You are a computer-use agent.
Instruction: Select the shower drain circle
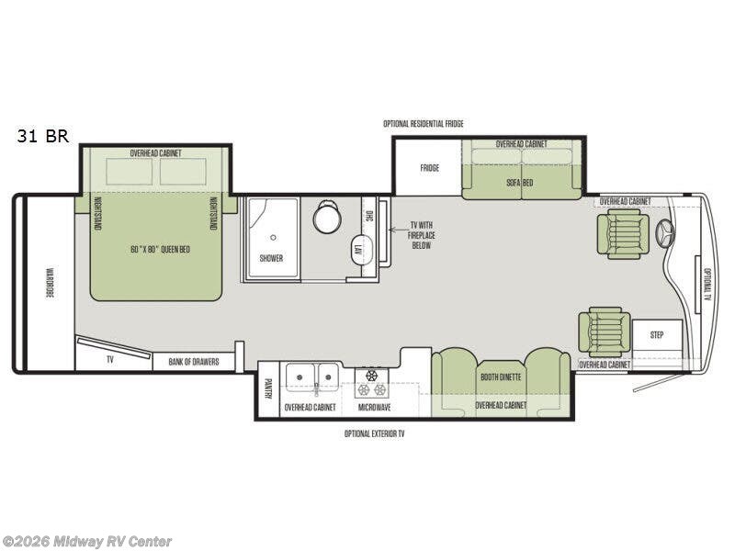point(273,238)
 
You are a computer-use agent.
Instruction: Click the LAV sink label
point(359,248)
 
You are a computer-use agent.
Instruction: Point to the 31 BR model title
point(43,136)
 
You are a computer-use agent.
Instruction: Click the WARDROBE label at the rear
point(49,283)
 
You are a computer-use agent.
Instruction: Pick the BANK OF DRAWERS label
point(194,362)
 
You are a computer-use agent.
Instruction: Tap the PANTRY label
point(268,388)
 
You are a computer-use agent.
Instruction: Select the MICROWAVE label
point(374,408)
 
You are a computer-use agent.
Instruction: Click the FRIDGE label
point(429,168)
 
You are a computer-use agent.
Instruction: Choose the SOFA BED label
point(519,183)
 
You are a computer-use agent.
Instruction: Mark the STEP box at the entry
point(657,335)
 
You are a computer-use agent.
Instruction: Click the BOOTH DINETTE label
point(501,377)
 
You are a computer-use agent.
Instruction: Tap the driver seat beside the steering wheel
point(623,234)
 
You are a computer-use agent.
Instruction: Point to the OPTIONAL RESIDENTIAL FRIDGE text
point(424,124)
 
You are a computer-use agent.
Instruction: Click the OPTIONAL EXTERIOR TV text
point(374,433)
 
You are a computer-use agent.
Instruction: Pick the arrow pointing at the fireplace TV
point(398,231)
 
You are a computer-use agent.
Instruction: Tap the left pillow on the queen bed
point(130,172)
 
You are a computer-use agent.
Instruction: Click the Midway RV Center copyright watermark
point(86,542)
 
